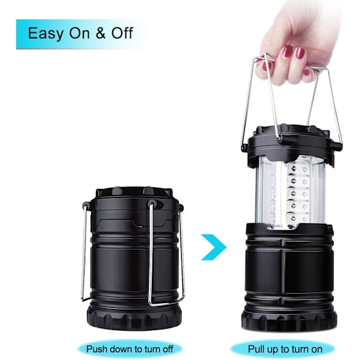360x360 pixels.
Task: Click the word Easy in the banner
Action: pyautogui.click(x=45, y=34)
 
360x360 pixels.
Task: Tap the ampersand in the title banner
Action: pyautogui.click(x=100, y=33)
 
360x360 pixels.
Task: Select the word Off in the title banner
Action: pyautogui.click(x=122, y=33)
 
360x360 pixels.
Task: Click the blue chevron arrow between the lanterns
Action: pyautogui.click(x=214, y=247)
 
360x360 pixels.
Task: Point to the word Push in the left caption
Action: pyautogui.click(x=97, y=349)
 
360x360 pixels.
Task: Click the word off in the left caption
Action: pyautogui.click(x=168, y=349)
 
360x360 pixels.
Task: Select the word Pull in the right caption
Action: pyautogui.click(x=257, y=349)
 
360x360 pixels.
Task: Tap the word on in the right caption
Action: pyautogui.click(x=316, y=350)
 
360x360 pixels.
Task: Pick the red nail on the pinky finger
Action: pyautogui.click(x=306, y=73)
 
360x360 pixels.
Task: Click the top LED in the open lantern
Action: pyautogui.click(x=293, y=169)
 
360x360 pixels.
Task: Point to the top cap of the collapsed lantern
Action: pyautogui.click(x=134, y=193)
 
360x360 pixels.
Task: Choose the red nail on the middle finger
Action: pyautogui.click(x=300, y=55)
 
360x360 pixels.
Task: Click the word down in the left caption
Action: pyautogui.click(x=122, y=349)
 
